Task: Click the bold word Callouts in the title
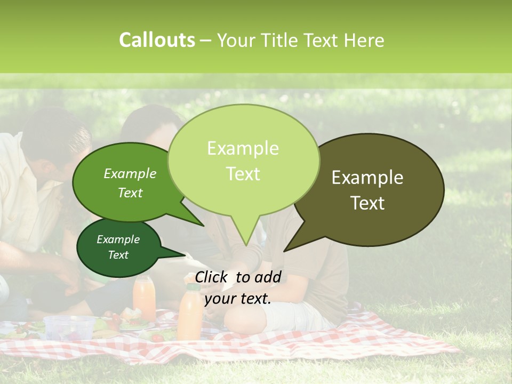pos(157,40)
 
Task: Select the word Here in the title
pos(363,40)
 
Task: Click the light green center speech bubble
pos(243,155)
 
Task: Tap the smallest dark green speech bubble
pos(118,247)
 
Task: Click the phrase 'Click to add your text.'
pos(238,288)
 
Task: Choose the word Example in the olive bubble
pos(367,178)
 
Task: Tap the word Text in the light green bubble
pos(243,174)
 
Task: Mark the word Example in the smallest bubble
pos(118,239)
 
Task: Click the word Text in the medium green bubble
pos(130,193)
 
